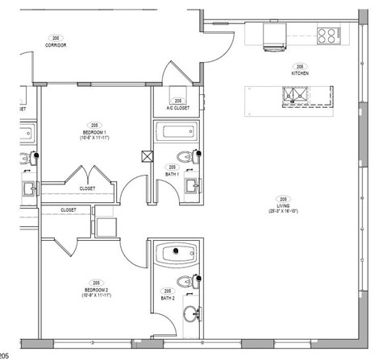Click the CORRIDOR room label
[x=55, y=46]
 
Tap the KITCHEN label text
[x=300, y=73]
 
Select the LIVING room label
[x=284, y=210]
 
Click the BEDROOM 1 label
[x=94, y=134]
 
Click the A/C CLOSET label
[x=177, y=107]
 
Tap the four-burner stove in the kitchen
[x=327, y=35]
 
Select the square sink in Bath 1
[x=193, y=188]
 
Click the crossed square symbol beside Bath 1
[x=146, y=157]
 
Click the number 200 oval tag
[x=55, y=39]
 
